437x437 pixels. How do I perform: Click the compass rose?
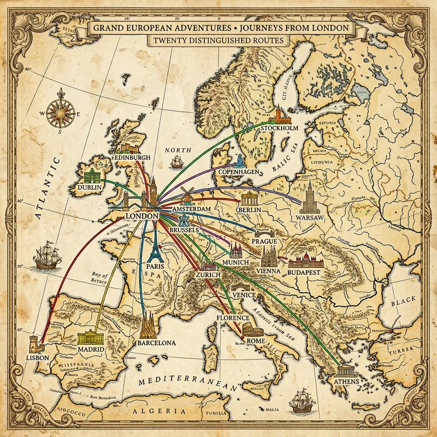click(x=57, y=111)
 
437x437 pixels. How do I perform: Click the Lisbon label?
click(x=38, y=357)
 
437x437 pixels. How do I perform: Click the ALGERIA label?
click(x=163, y=413)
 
